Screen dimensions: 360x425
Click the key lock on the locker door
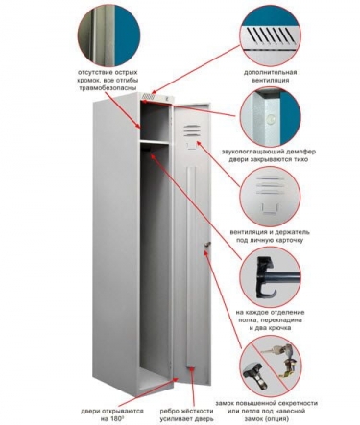[208, 245]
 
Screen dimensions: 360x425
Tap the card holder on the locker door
[192, 146]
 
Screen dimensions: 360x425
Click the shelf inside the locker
[155, 142]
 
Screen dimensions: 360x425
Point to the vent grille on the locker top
[149, 96]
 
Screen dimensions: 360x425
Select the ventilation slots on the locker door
[192, 130]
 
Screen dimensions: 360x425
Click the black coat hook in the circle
[265, 276]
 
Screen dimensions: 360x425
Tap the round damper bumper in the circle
[272, 120]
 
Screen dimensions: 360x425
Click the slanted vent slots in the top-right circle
[271, 35]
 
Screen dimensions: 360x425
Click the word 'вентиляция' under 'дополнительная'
[270, 80]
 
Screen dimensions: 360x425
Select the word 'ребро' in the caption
[170, 411]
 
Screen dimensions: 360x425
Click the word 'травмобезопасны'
[108, 87]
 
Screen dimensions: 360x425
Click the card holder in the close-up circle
[269, 208]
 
